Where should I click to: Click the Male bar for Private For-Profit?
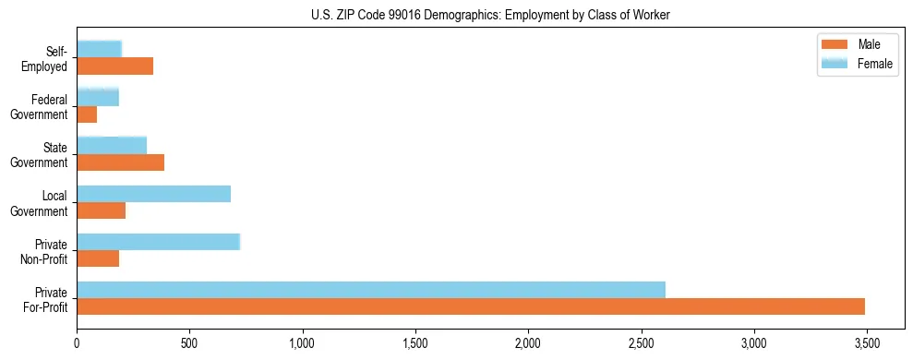(x=471, y=306)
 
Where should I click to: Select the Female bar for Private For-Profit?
(x=371, y=290)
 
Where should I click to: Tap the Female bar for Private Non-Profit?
(x=158, y=242)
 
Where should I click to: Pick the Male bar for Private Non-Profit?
(x=98, y=258)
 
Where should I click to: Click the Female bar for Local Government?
(x=153, y=194)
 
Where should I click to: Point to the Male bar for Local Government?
(x=101, y=210)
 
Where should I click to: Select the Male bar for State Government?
(x=120, y=162)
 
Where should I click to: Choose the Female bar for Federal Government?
(x=98, y=97)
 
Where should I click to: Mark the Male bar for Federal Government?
(x=87, y=114)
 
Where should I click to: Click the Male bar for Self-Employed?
(x=114, y=66)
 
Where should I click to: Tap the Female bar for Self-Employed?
(x=99, y=49)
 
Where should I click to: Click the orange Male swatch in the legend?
(x=834, y=44)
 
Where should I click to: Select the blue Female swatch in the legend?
(x=834, y=63)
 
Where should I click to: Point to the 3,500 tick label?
(x=866, y=342)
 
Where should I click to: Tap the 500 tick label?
(x=189, y=342)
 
